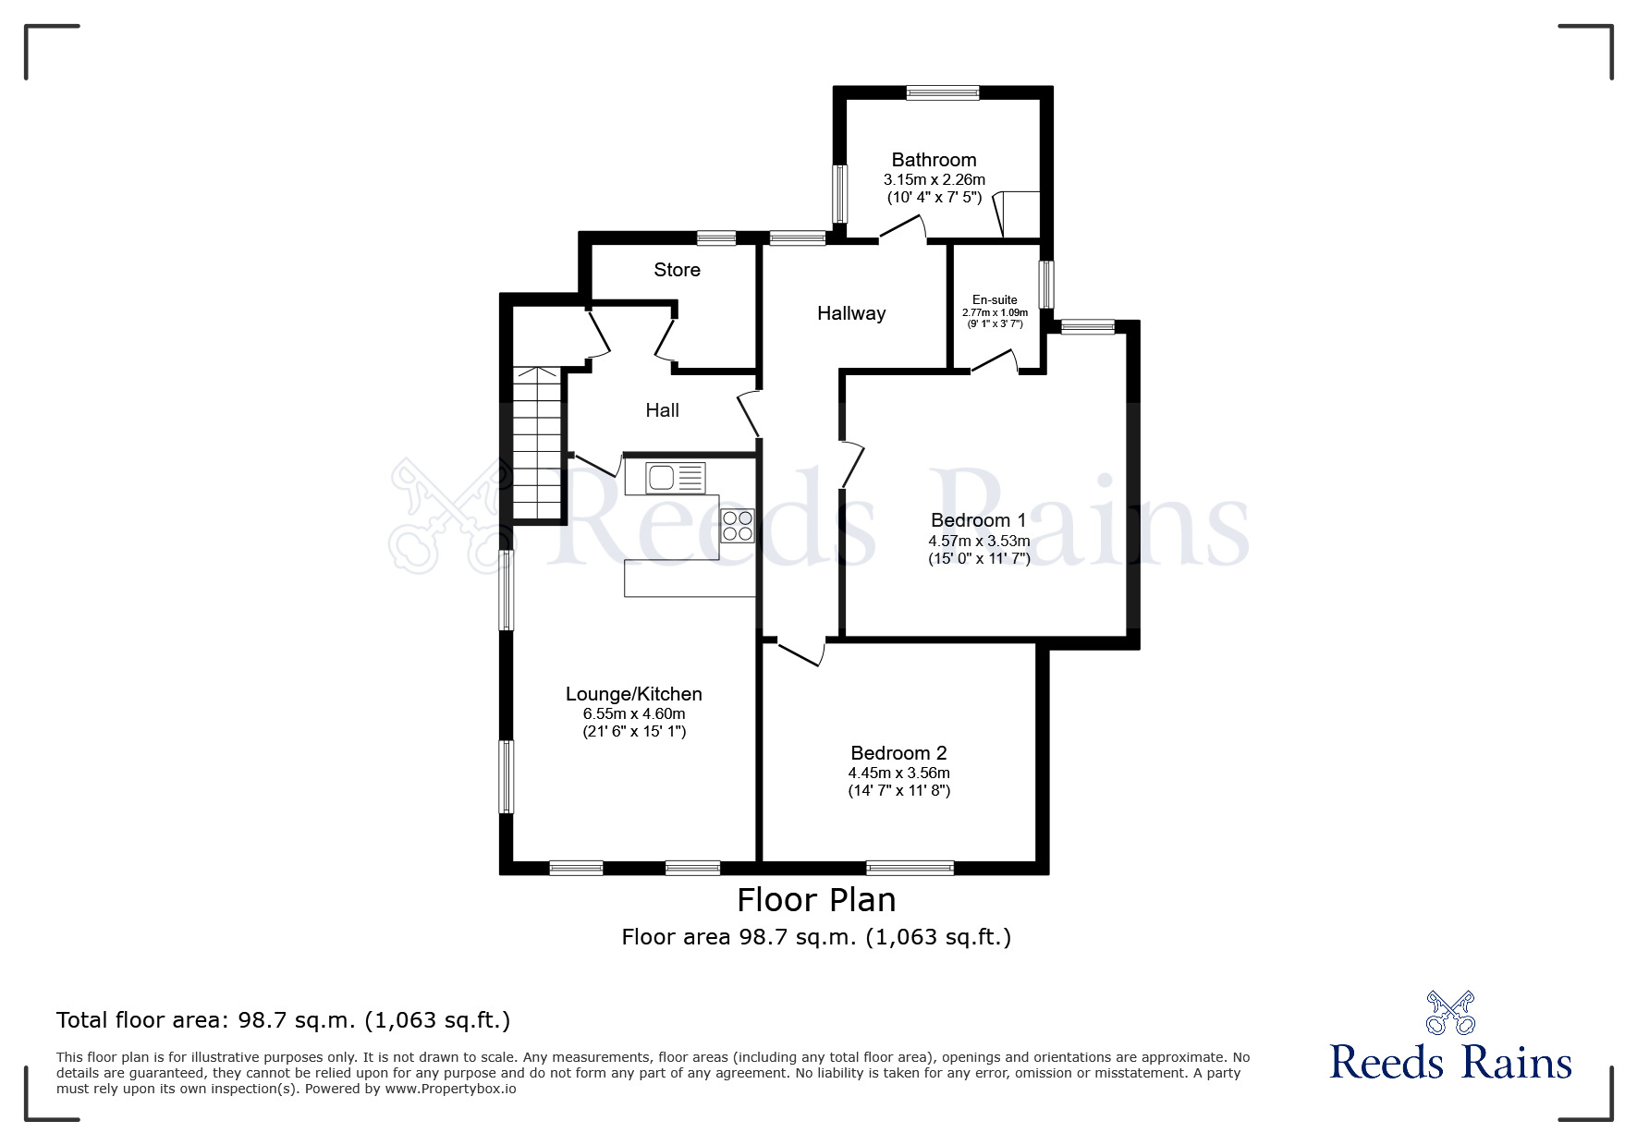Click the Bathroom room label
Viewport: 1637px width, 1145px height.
tap(934, 160)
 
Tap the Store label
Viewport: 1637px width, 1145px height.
tap(677, 270)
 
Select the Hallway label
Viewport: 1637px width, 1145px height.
tap(851, 313)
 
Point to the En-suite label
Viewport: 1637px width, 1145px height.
tap(995, 299)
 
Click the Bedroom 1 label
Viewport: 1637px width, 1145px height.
tap(978, 520)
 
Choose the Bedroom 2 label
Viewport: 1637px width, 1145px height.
tap(898, 753)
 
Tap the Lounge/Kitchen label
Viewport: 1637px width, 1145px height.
tap(634, 694)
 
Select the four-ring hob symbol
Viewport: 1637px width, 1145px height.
tap(738, 526)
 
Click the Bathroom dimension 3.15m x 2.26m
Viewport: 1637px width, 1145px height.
tap(934, 180)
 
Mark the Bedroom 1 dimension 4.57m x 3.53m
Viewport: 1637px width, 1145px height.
tap(979, 541)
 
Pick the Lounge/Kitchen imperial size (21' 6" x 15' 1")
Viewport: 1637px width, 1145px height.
tap(634, 732)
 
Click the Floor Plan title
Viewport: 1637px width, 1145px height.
tap(816, 900)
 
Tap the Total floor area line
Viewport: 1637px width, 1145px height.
tap(283, 1020)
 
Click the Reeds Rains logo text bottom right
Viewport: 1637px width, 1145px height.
tap(1450, 1063)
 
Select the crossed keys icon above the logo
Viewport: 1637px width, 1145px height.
tap(1450, 1013)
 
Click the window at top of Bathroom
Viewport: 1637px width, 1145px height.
tap(942, 92)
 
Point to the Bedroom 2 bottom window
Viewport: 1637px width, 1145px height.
tap(910, 868)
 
